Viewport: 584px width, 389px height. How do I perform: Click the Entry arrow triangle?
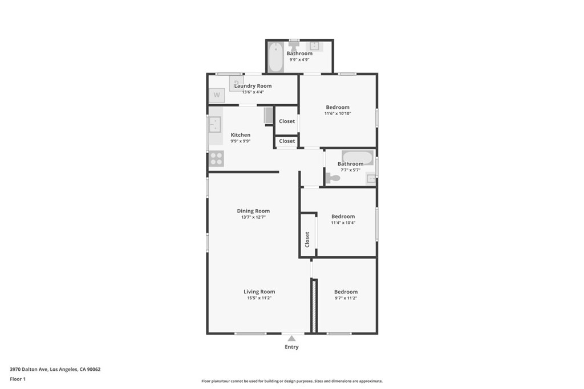click(291, 338)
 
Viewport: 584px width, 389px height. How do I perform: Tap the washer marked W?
click(217, 95)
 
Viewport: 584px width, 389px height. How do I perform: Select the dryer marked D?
click(236, 83)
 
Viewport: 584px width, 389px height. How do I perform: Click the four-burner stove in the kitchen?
click(216, 158)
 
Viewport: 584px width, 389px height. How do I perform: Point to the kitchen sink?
click(215, 124)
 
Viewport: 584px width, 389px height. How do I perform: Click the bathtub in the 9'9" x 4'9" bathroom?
click(275, 58)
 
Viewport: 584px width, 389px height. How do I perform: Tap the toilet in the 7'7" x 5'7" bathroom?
click(333, 178)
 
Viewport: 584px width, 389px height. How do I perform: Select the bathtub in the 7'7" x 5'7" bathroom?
click(358, 158)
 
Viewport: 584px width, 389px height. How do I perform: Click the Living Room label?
click(259, 292)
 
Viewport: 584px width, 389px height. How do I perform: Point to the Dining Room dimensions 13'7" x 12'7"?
click(253, 217)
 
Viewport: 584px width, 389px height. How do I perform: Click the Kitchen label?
click(241, 134)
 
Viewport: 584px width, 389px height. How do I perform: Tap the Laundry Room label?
click(253, 85)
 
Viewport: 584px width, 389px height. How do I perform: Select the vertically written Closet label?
click(307, 240)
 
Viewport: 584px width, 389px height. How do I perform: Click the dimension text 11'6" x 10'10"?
click(338, 113)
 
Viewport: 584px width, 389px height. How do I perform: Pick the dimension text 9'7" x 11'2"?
click(346, 298)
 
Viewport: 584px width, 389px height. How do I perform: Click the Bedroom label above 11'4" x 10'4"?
click(343, 216)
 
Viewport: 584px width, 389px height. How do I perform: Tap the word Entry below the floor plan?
click(291, 347)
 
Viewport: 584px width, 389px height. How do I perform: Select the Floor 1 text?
click(18, 379)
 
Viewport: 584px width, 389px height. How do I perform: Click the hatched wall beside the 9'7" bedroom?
click(314, 306)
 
